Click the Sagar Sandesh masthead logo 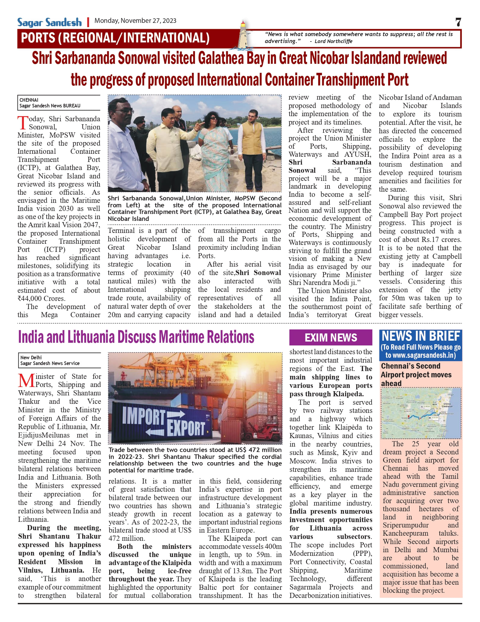click(49, 22)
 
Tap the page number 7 click(458, 22)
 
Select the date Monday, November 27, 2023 click(135, 21)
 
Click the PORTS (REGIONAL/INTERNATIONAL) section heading click(115, 38)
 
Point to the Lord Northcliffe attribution click(333, 41)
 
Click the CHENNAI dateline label click(29, 100)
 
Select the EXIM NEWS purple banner click(330, 338)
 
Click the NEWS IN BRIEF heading click(421, 336)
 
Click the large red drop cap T click(23, 123)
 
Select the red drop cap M click(26, 380)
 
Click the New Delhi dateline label click(31, 357)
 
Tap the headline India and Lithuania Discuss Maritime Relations click(136, 337)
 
